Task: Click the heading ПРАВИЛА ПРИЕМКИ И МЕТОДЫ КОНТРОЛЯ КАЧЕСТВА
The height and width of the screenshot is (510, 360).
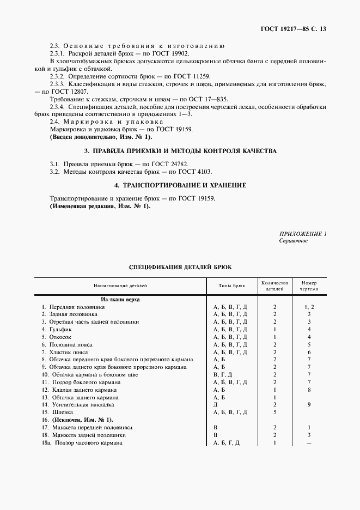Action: click(x=180, y=151)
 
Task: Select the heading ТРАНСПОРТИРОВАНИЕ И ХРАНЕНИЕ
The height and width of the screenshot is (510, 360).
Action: click(x=180, y=185)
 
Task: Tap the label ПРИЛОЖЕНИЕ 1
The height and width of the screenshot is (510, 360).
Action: click(x=303, y=234)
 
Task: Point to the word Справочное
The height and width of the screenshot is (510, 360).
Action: click(x=294, y=241)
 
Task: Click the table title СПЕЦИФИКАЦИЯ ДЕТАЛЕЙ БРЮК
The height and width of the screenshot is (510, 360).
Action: click(x=180, y=268)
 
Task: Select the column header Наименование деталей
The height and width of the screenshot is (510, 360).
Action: click(x=120, y=286)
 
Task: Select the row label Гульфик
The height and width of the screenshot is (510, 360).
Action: click(x=60, y=330)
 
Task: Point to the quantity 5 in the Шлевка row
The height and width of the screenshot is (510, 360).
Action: click(x=274, y=412)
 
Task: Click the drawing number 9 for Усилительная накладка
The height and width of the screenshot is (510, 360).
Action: click(x=309, y=405)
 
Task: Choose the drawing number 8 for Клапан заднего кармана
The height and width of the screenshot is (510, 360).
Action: click(x=309, y=390)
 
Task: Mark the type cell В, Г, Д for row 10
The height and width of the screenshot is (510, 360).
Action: click(x=223, y=375)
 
